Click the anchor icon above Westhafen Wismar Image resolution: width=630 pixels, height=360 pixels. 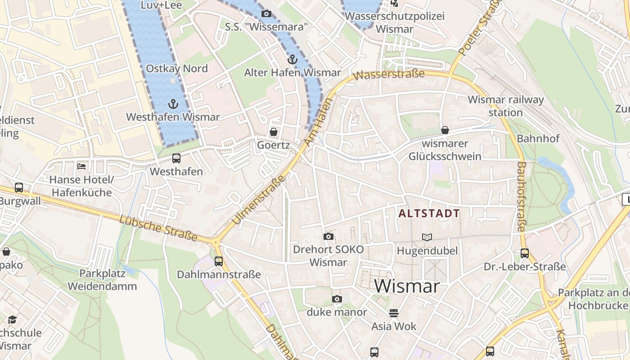click(173, 104)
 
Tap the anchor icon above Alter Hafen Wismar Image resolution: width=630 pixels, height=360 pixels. click(292, 59)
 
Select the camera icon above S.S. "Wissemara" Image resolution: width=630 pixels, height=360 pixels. click(266, 14)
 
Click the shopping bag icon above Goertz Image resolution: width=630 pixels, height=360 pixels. click(273, 132)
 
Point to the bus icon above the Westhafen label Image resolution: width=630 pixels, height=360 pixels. click(176, 158)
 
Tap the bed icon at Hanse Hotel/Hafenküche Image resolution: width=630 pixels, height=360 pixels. click(81, 166)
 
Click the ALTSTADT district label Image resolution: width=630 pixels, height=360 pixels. click(429, 213)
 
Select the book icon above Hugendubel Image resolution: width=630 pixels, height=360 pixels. click(427, 237)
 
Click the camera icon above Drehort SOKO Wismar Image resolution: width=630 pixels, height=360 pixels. click(328, 236)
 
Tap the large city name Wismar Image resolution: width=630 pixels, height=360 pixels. click(406, 286)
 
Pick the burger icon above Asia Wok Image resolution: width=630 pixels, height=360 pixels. click(394, 313)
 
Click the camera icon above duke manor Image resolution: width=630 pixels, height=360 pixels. click(337, 299)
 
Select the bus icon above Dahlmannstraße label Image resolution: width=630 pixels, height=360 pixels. click(219, 261)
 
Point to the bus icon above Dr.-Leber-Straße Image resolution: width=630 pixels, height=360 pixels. click(525, 253)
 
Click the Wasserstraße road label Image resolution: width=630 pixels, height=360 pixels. click(389, 75)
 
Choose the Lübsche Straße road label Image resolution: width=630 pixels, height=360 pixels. click(158, 228)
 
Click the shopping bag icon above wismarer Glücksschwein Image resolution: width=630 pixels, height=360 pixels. click(445, 130)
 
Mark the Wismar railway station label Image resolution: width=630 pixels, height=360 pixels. click(506, 106)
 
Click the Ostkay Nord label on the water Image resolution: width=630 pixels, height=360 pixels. click(177, 69)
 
